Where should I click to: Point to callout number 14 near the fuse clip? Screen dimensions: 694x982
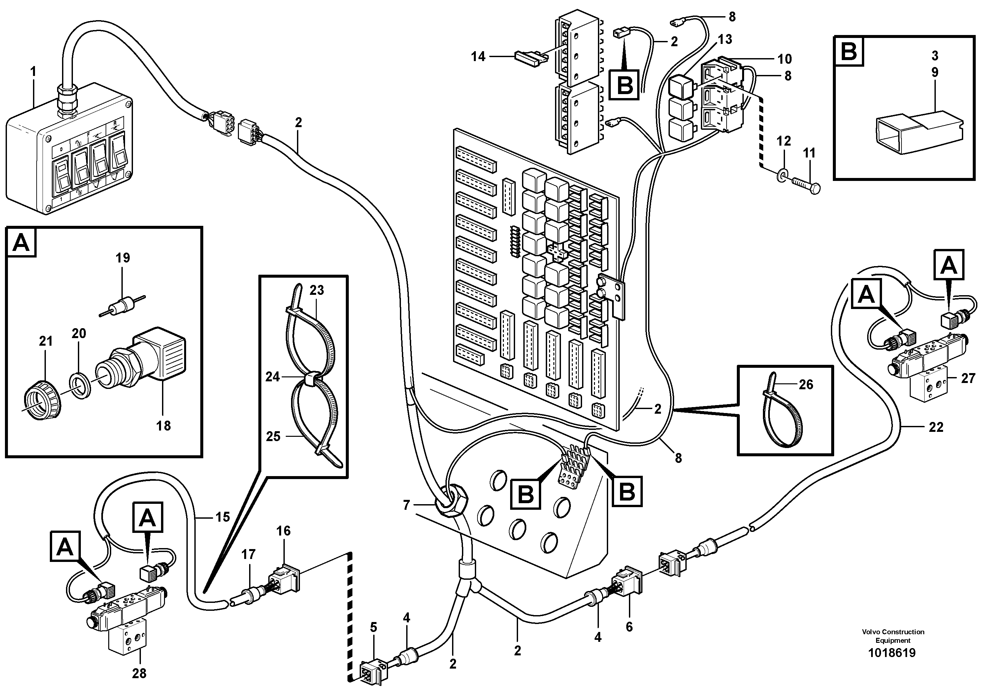[478, 56]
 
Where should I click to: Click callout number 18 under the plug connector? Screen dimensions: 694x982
[163, 426]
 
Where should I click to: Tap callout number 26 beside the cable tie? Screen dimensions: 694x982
[806, 384]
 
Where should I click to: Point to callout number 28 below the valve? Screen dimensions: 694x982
[139, 674]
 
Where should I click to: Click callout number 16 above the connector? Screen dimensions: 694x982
[283, 531]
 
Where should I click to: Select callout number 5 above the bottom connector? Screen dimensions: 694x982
[374, 628]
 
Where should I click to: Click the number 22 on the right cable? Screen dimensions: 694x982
[936, 427]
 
